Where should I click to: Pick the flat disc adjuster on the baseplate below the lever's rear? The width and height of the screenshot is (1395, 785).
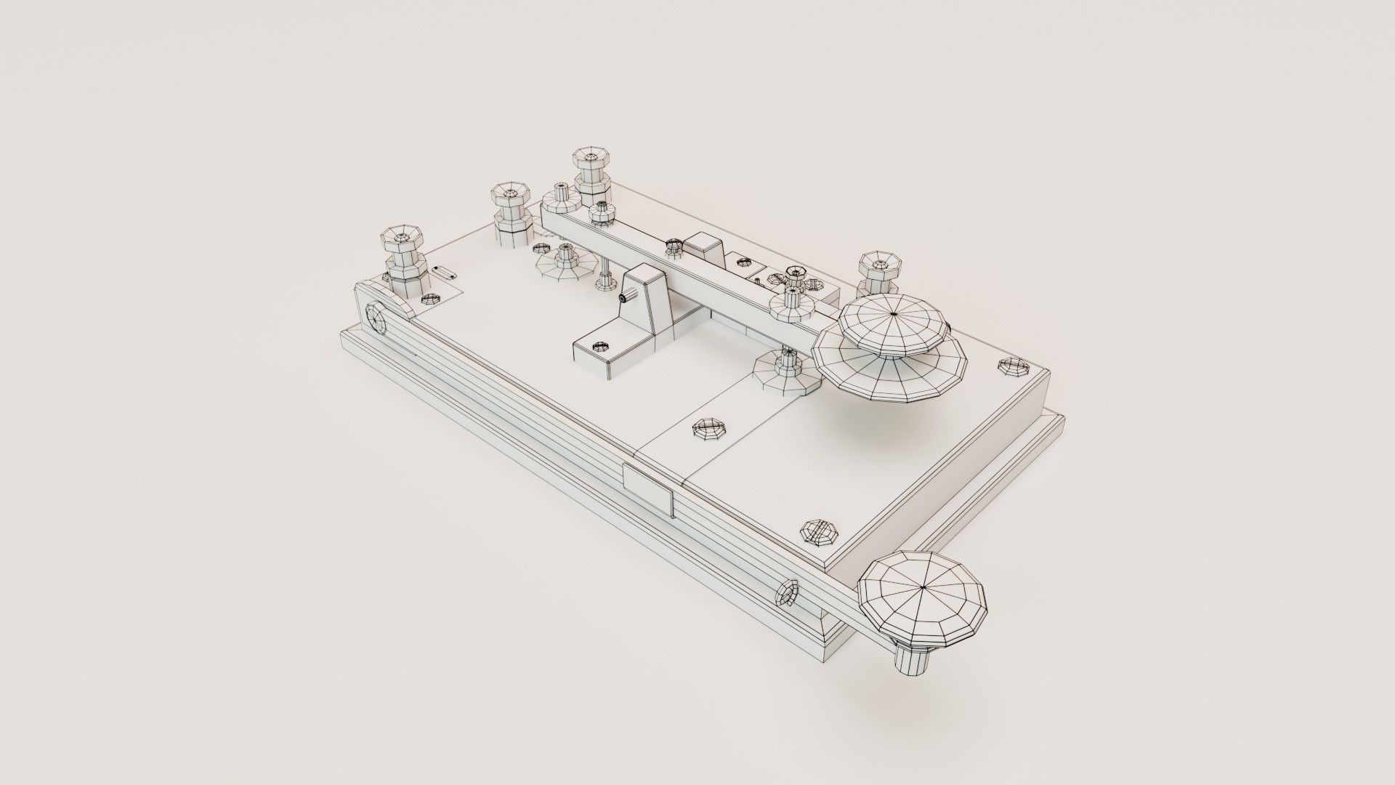[558, 262]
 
